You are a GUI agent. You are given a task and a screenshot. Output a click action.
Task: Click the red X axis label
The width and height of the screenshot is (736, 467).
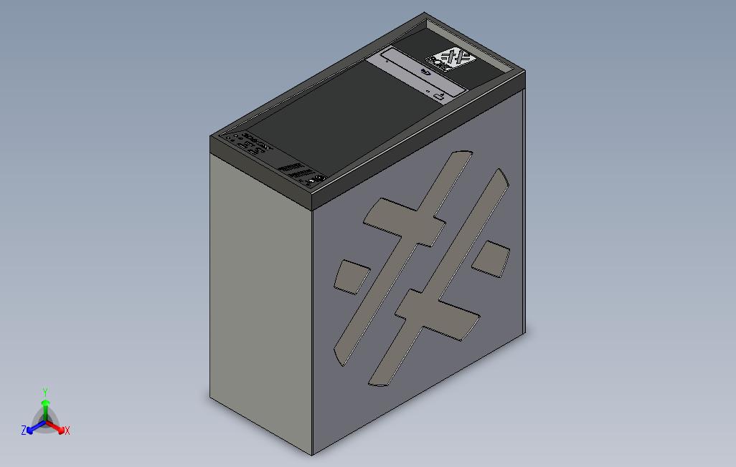click(67, 430)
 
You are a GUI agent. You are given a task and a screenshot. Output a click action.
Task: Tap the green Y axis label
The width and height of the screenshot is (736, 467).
click(44, 393)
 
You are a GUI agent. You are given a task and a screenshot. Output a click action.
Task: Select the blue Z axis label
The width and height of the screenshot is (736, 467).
click(24, 430)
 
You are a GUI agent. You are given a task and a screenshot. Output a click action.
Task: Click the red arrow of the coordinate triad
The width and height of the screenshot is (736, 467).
click(58, 428)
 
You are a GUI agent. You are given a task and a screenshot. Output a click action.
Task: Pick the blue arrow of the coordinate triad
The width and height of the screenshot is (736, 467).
click(32, 428)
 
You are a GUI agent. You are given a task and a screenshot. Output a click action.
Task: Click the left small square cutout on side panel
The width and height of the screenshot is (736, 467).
click(352, 276)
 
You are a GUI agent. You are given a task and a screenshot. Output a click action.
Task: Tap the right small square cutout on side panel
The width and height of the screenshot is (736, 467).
click(491, 257)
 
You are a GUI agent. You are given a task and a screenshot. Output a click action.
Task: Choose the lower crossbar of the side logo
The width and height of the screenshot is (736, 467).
click(438, 312)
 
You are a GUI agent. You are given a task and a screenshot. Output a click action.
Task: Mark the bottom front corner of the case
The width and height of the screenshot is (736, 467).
click(313, 454)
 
